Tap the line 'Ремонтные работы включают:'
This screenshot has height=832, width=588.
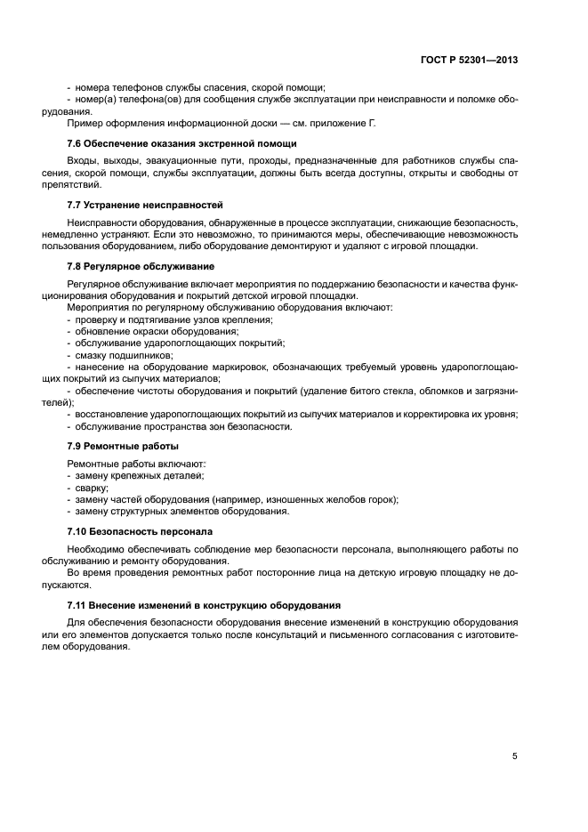[x=136, y=464]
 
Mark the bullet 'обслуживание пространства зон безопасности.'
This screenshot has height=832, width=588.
[x=182, y=427]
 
